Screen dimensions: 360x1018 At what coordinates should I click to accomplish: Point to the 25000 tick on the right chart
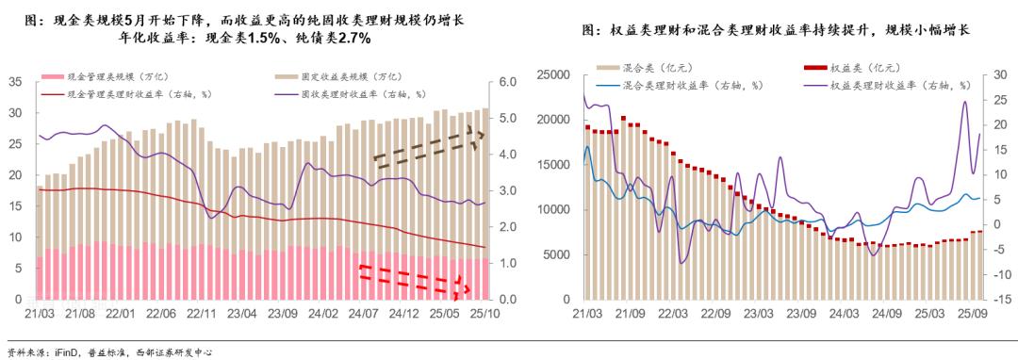pyautogui.click(x=556, y=74)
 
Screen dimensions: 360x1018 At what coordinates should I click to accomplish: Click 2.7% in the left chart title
pyautogui.click(x=350, y=39)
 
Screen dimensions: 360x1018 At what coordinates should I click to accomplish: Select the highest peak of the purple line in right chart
pyautogui.click(x=965, y=102)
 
